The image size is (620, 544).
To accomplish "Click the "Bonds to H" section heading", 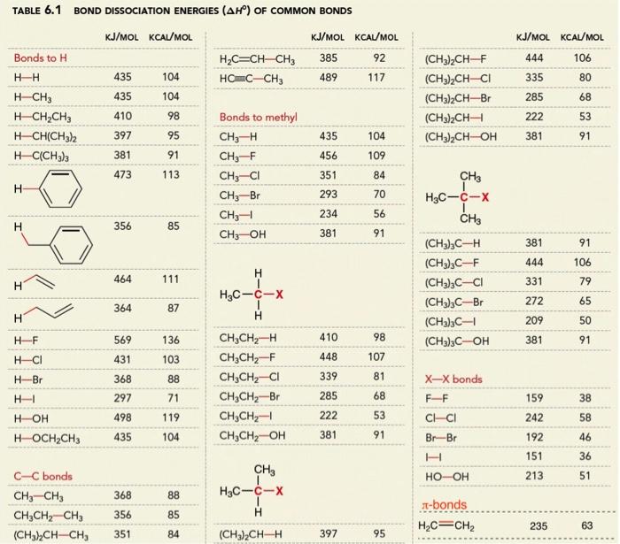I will [x=41, y=57].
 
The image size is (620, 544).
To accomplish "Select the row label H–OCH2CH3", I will [x=52, y=437].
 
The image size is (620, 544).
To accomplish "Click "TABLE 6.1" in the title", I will [x=32, y=11].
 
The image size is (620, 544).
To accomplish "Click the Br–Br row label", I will [x=441, y=437].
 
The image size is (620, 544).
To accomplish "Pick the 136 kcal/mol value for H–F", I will [x=171, y=341].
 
